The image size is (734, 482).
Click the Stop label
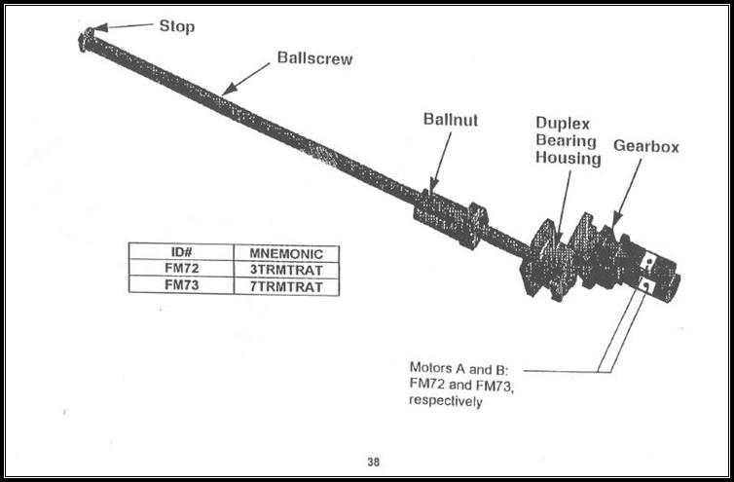click(x=176, y=26)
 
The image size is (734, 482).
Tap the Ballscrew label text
click(x=314, y=58)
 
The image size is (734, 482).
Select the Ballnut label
click(x=450, y=120)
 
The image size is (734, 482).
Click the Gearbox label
click(x=645, y=147)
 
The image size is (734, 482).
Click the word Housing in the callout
click(x=568, y=159)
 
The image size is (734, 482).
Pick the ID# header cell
click(x=181, y=252)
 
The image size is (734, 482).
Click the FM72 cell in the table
click(x=181, y=269)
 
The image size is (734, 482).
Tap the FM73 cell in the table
click(x=181, y=286)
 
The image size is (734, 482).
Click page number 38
click(x=373, y=462)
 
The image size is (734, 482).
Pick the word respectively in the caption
click(x=446, y=401)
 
